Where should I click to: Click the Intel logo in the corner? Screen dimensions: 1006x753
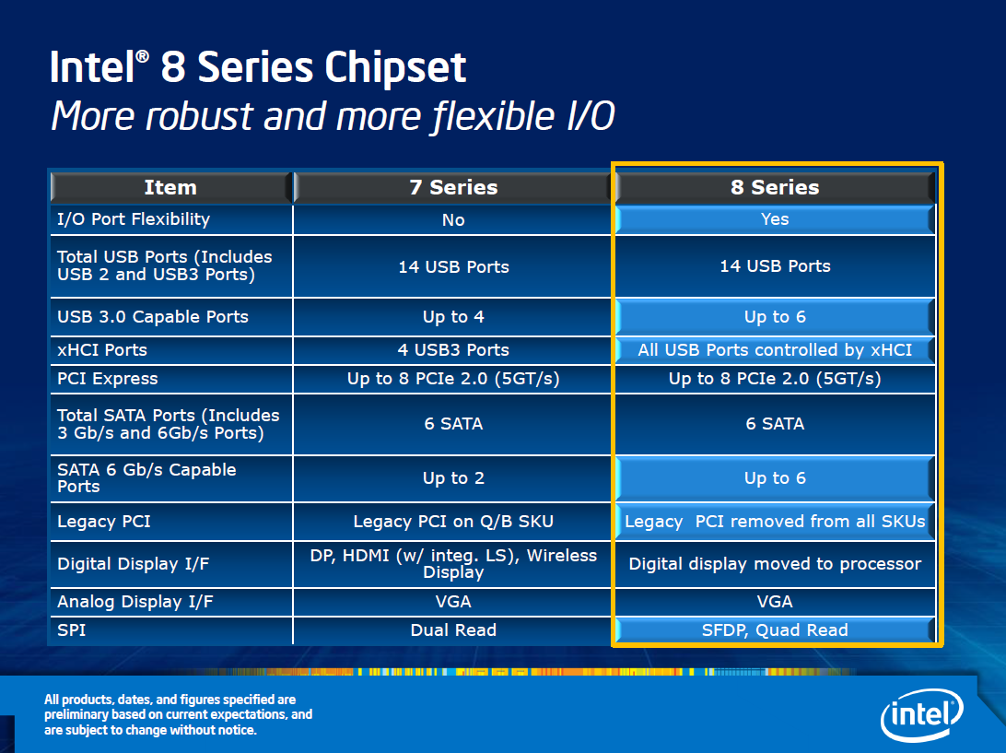[922, 714]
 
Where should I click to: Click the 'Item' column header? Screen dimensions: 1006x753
[170, 187]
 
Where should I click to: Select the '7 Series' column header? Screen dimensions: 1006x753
[453, 187]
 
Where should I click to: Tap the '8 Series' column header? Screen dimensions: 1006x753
[775, 187]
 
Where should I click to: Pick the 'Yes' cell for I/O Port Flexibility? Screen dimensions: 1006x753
[775, 219]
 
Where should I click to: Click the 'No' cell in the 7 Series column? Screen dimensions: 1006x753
[453, 219]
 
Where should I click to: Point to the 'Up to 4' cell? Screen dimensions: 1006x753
[453, 317]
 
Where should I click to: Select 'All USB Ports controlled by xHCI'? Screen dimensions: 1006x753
[775, 350]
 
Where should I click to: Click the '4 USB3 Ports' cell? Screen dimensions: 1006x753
[453, 350]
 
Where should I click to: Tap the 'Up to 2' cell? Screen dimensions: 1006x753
[453, 478]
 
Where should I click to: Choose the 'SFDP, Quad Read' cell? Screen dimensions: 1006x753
[775, 630]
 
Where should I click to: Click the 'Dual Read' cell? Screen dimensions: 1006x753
[453, 630]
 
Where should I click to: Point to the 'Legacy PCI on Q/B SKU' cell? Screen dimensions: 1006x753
[453, 522]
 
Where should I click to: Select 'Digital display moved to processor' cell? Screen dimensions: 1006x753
[775, 564]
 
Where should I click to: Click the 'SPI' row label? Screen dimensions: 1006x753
[71, 630]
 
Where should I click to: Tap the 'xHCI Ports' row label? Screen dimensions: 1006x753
[102, 350]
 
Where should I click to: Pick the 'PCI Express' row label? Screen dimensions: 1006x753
[107, 379]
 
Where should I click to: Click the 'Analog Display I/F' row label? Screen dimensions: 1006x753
[135, 602]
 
